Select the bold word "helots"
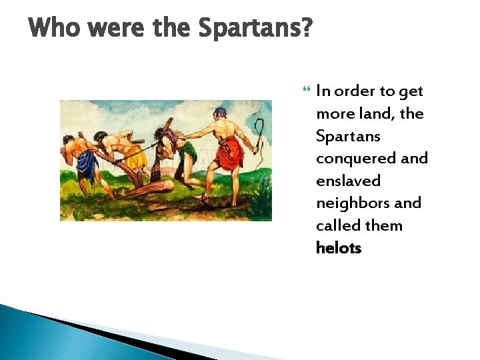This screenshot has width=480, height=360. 339,248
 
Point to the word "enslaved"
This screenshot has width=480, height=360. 348,181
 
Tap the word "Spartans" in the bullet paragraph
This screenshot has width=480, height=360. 348,136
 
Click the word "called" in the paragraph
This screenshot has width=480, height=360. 337,225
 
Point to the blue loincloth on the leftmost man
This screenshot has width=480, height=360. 87,162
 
